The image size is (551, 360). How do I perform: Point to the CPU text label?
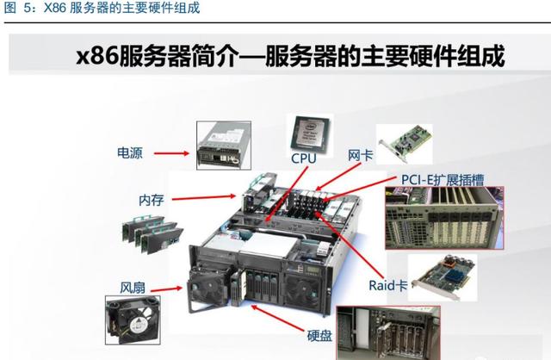point(303,159)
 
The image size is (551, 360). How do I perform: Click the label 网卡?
point(360,156)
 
